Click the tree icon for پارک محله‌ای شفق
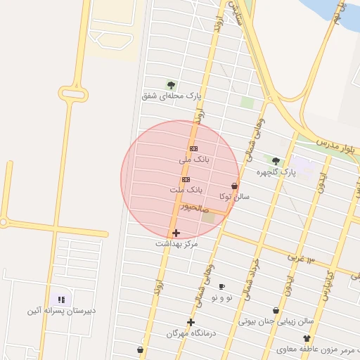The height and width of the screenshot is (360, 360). click(x=171, y=84)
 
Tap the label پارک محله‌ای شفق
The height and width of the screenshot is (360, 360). click(x=171, y=96)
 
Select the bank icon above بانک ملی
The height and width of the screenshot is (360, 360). click(x=193, y=148)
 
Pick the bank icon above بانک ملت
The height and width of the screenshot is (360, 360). click(x=186, y=179)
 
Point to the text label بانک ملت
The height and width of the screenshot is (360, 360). click(x=186, y=191)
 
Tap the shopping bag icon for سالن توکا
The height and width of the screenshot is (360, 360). click(x=234, y=186)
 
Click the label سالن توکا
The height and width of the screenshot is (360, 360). click(x=234, y=197)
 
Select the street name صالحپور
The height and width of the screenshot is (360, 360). click(x=194, y=207)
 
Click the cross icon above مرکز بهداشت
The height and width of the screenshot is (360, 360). click(x=176, y=233)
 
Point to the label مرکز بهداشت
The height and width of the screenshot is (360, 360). click(x=176, y=243)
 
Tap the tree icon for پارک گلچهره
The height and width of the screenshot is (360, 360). click(x=276, y=161)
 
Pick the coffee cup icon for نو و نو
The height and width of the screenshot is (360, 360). click(x=222, y=287)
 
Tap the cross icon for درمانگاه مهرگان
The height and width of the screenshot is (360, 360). click(x=191, y=322)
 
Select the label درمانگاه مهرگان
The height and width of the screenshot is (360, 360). click(x=191, y=333)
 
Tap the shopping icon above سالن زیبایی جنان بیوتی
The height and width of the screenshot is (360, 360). click(x=276, y=310)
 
